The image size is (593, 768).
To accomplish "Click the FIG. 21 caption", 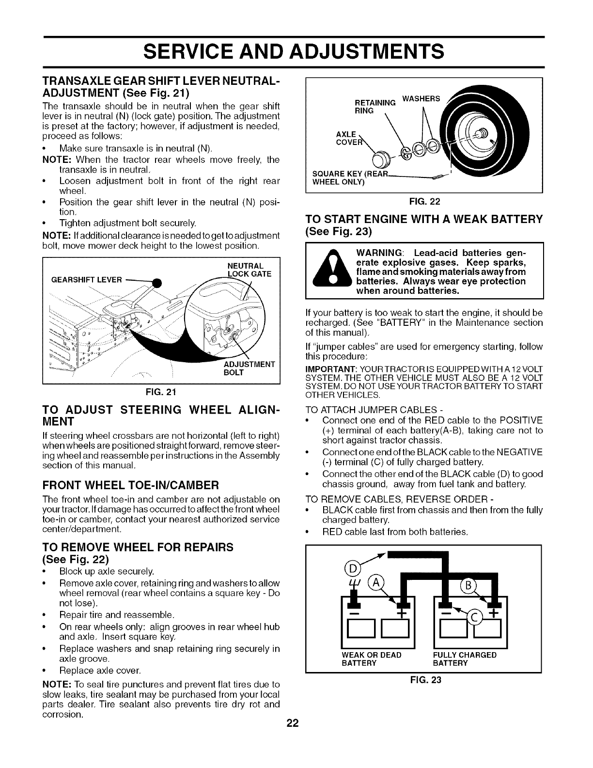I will (161, 392).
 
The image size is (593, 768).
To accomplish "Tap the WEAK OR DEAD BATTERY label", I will (372, 659).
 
